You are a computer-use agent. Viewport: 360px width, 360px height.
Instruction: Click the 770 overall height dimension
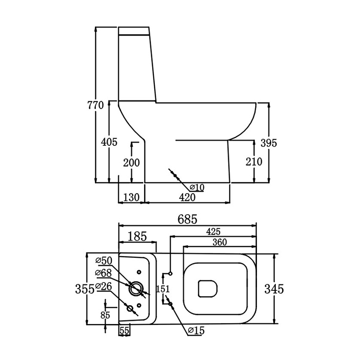pyautogui.click(x=95, y=105)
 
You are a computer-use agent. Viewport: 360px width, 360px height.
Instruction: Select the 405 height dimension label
pyautogui.click(x=109, y=142)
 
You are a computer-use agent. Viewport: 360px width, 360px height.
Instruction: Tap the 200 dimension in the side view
pyautogui.click(x=131, y=163)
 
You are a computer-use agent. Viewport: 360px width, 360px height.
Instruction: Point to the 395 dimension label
pyautogui.click(x=269, y=143)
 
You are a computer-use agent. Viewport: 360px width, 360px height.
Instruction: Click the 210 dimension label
pyautogui.click(x=254, y=162)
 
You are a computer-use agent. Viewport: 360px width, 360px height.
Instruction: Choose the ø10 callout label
pyautogui.click(x=197, y=188)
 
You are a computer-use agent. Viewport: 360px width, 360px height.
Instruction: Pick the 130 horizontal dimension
pyautogui.click(x=131, y=197)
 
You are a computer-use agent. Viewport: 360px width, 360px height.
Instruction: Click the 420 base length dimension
pyautogui.click(x=187, y=197)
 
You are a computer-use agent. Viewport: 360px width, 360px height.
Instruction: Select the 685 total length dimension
pyautogui.click(x=187, y=219)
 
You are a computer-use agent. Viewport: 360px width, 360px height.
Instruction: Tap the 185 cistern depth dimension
pyautogui.click(x=137, y=236)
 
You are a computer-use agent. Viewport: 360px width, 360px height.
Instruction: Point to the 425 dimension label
pyautogui.click(x=213, y=232)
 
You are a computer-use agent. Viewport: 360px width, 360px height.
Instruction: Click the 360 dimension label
pyautogui.click(x=220, y=242)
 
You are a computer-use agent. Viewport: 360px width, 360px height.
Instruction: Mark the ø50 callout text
pyautogui.click(x=104, y=261)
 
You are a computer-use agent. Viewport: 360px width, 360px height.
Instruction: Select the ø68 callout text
pyautogui.click(x=103, y=273)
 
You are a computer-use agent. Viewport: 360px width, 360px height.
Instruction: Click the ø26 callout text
pyautogui.click(x=103, y=286)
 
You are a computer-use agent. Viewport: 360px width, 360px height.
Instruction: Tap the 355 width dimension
pyautogui.click(x=85, y=289)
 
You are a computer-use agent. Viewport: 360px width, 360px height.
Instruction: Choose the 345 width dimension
pyautogui.click(x=274, y=289)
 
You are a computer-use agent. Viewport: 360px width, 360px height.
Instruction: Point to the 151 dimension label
pyautogui.click(x=163, y=289)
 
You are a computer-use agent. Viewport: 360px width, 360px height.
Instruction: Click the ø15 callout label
pyautogui.click(x=196, y=330)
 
